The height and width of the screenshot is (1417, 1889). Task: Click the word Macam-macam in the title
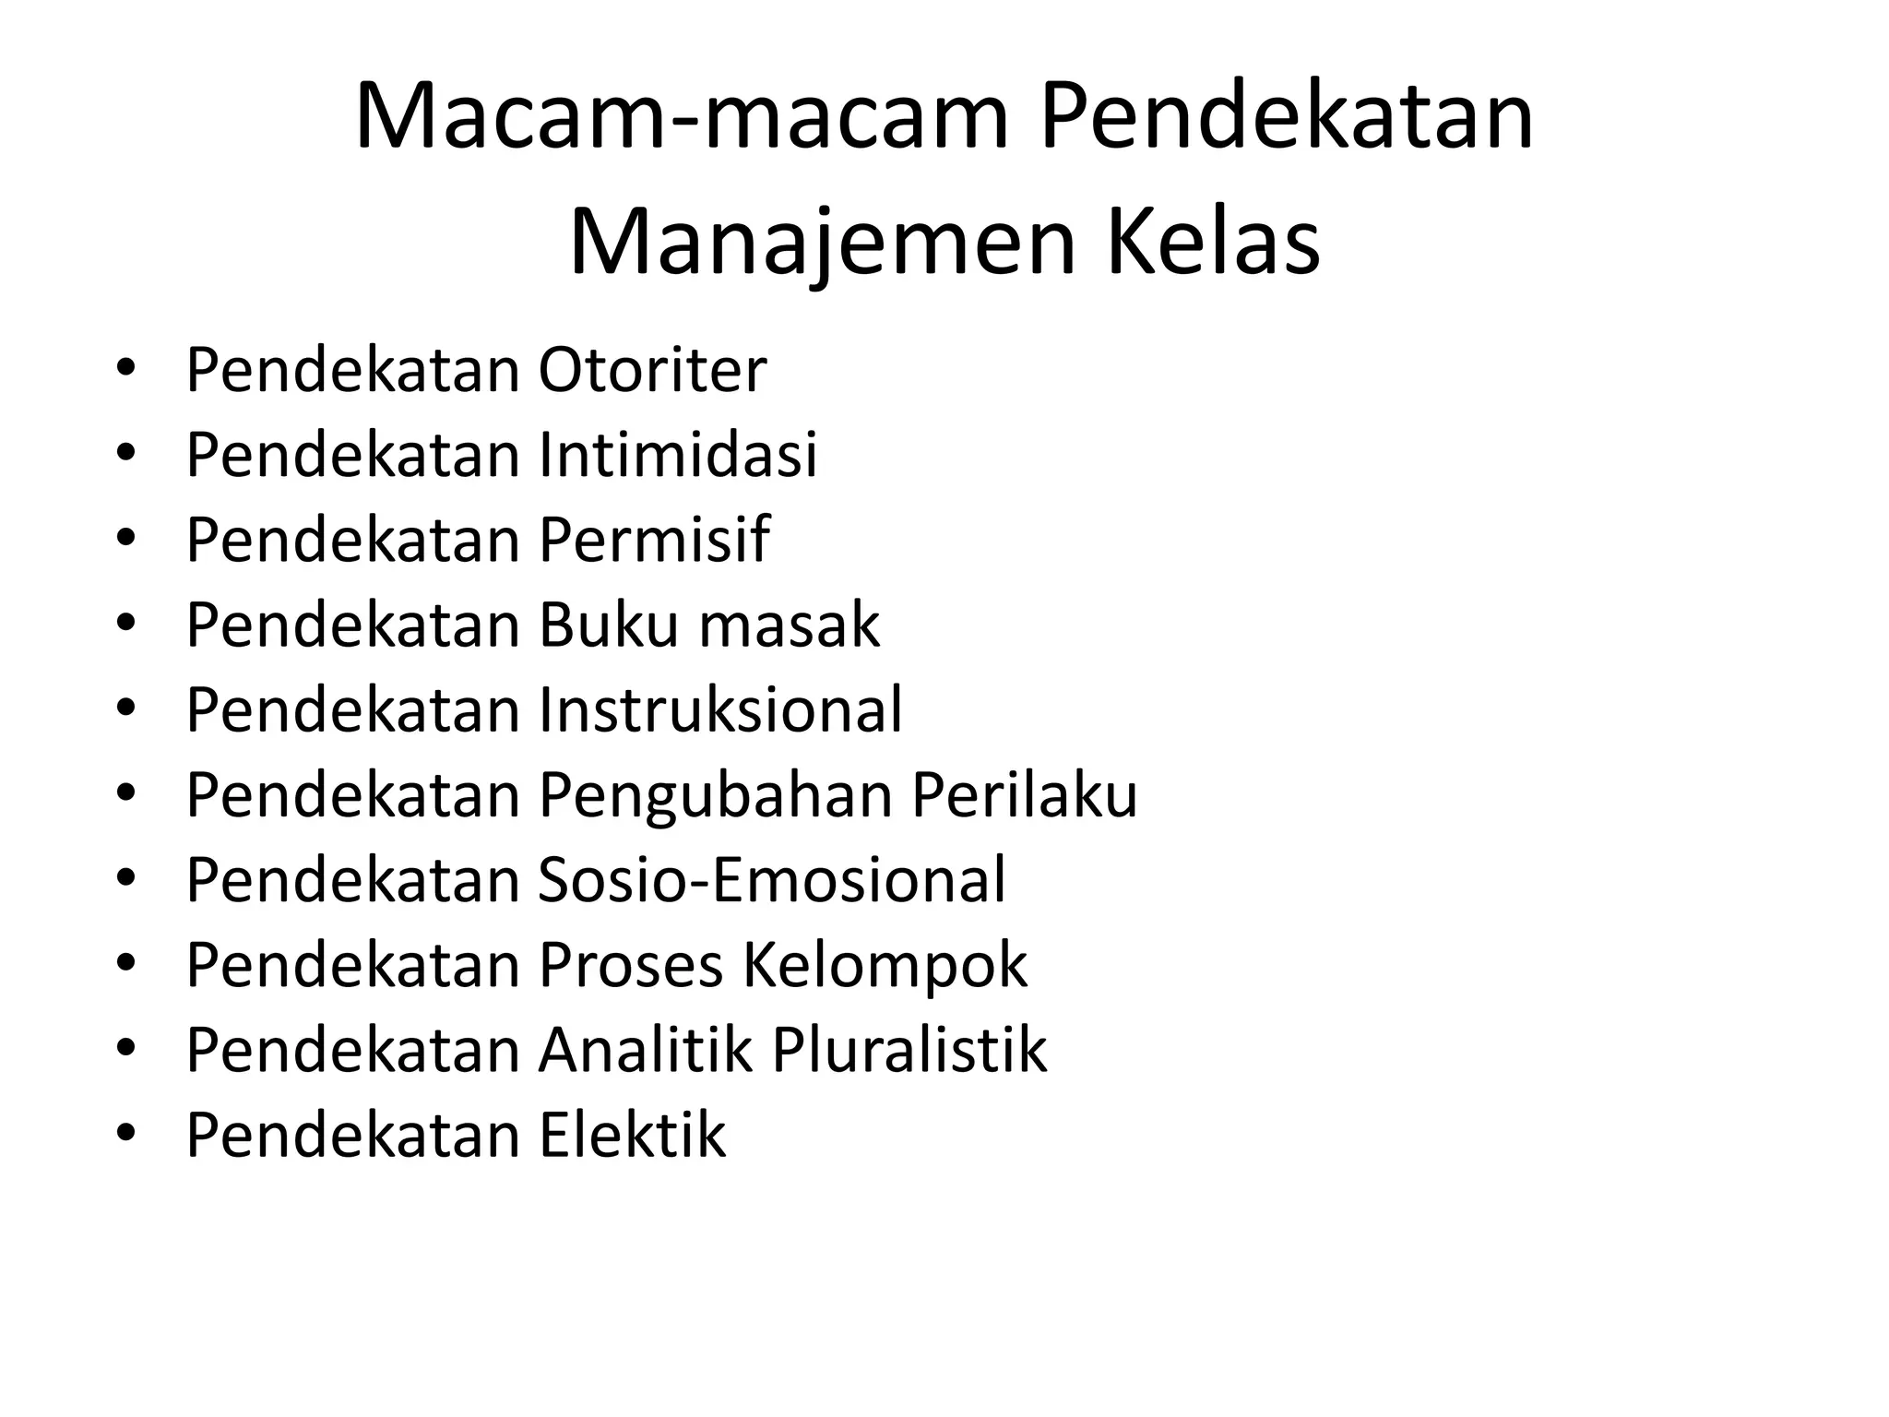click(x=683, y=118)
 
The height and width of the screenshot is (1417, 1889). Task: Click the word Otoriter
click(x=652, y=371)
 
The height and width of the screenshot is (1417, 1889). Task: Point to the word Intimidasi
click(x=678, y=456)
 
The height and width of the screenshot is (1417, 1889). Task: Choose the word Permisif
click(x=654, y=541)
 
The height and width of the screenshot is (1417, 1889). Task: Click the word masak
click(x=790, y=625)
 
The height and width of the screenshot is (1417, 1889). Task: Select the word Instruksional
click(x=720, y=710)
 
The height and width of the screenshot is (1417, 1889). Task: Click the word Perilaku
click(x=1025, y=795)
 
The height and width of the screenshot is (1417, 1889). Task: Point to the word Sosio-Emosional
click(x=772, y=880)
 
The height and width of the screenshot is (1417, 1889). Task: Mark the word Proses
click(x=631, y=965)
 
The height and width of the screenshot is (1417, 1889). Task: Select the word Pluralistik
click(x=909, y=1050)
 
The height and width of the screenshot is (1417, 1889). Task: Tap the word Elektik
click(x=633, y=1135)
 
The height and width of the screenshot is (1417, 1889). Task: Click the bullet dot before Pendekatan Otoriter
click(x=126, y=371)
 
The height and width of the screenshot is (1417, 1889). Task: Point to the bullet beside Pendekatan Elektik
click(x=126, y=1135)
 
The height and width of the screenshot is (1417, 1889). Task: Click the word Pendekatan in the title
click(x=1287, y=118)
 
